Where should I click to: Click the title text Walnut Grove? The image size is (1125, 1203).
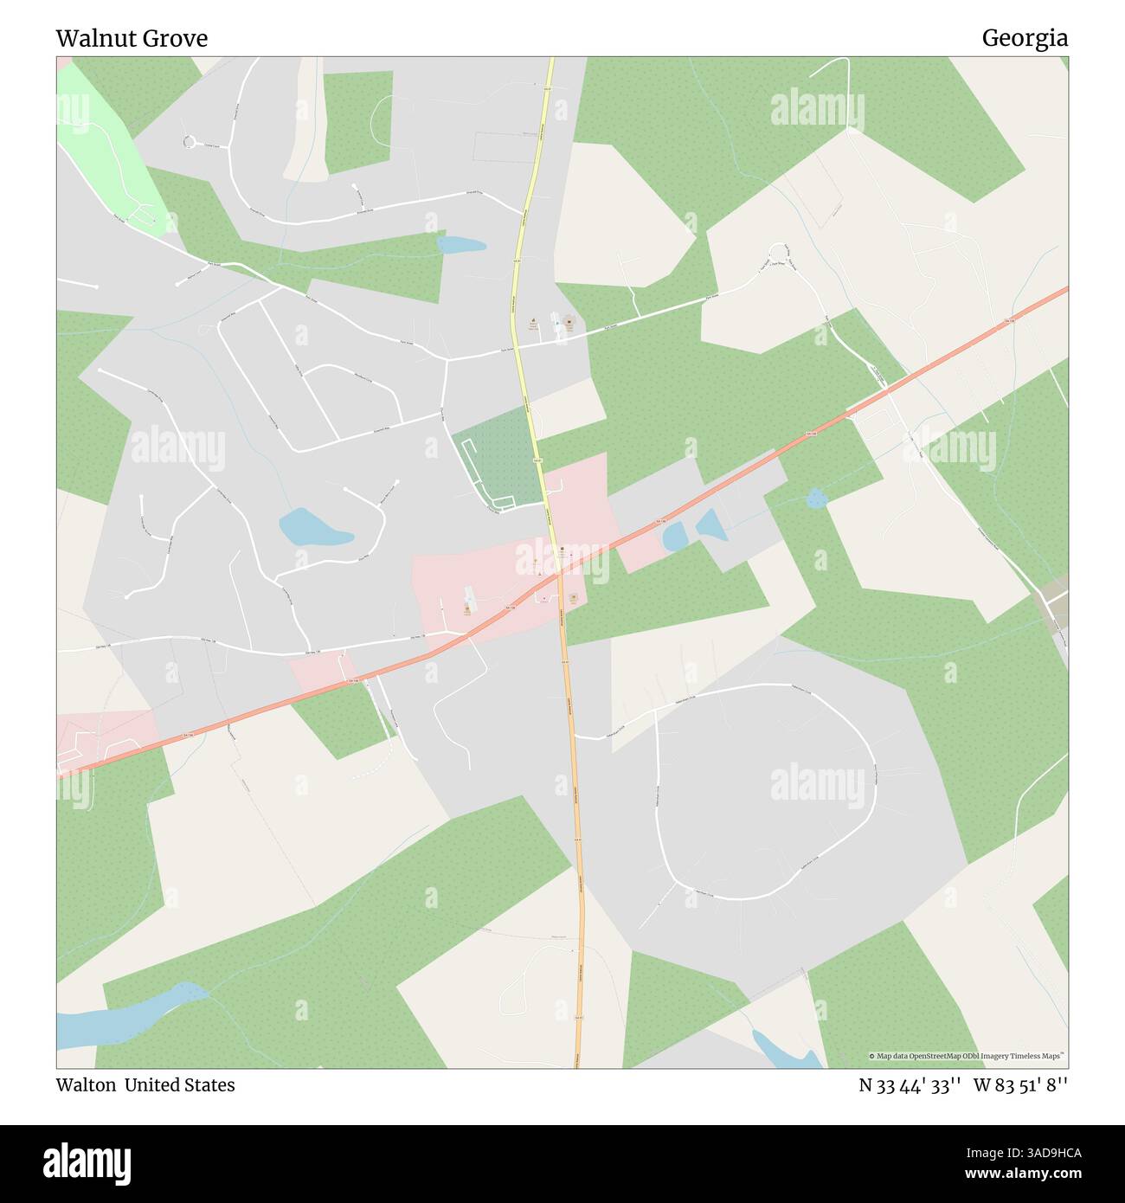pos(132,39)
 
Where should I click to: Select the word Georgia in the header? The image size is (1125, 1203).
pos(1024,38)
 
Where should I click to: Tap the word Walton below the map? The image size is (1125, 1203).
pos(86,1084)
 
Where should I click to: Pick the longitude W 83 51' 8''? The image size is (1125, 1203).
pos(1021,1085)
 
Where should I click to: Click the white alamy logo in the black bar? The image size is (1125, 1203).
pos(87,1163)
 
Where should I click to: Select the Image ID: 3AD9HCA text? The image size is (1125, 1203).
pos(1018,1152)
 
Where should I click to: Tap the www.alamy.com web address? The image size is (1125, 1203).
pos(1018,1174)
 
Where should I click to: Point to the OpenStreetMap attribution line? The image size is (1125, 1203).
pos(967,1056)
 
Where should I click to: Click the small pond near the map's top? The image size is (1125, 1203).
pos(461,244)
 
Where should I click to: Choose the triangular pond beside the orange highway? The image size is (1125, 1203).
pos(711,524)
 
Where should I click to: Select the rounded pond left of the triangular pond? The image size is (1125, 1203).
pos(674,537)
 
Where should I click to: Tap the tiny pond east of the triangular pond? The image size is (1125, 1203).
pos(814,498)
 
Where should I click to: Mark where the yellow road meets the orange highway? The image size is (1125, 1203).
pos(559,572)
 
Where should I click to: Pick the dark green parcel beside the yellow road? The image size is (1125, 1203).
pos(493,456)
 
